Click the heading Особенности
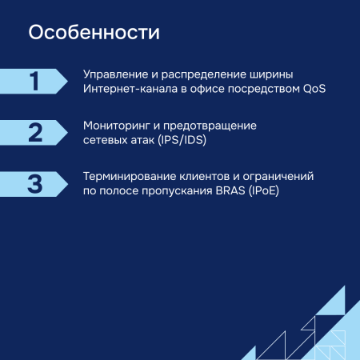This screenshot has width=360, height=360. (x=93, y=34)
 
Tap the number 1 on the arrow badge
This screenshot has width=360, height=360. (x=34, y=82)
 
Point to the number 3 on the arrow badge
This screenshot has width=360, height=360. (x=34, y=183)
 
